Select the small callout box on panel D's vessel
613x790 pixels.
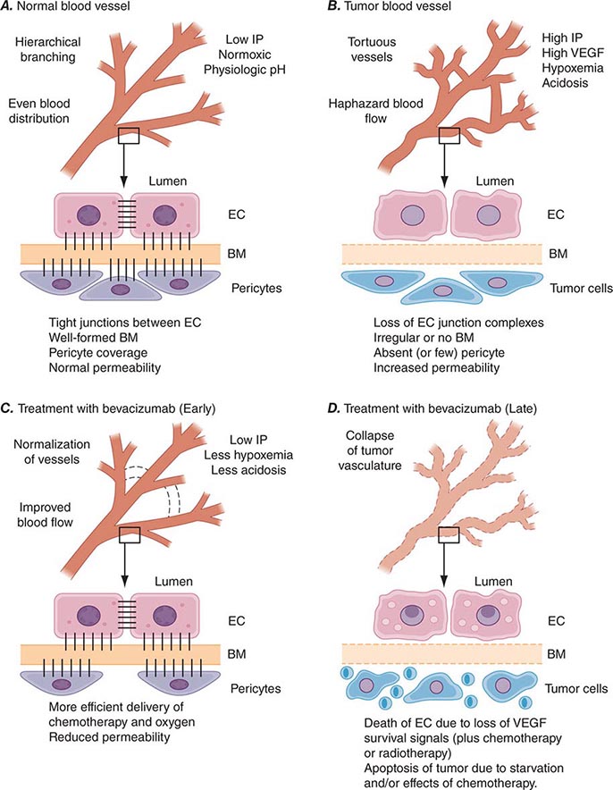449,533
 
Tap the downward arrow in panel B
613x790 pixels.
449,166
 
